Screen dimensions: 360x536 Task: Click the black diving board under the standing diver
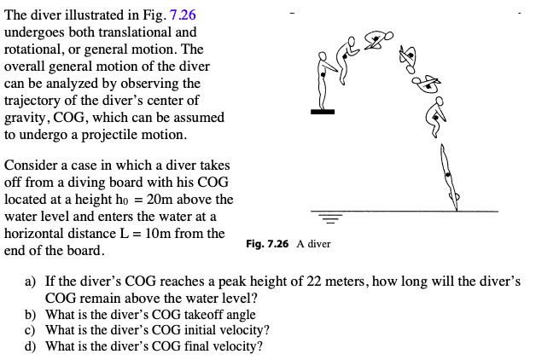(x=322, y=111)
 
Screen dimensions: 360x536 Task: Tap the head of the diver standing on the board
(x=323, y=55)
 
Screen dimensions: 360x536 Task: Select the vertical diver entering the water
(x=448, y=176)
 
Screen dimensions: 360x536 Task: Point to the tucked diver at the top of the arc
(x=378, y=40)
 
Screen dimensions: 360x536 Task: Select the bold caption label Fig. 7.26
(x=268, y=244)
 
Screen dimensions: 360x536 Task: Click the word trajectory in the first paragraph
(x=33, y=100)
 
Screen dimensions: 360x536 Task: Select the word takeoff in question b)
(x=172, y=314)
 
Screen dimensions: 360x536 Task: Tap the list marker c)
(x=30, y=330)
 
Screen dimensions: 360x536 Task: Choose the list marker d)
(x=31, y=346)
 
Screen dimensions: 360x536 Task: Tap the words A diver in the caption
(x=313, y=244)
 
